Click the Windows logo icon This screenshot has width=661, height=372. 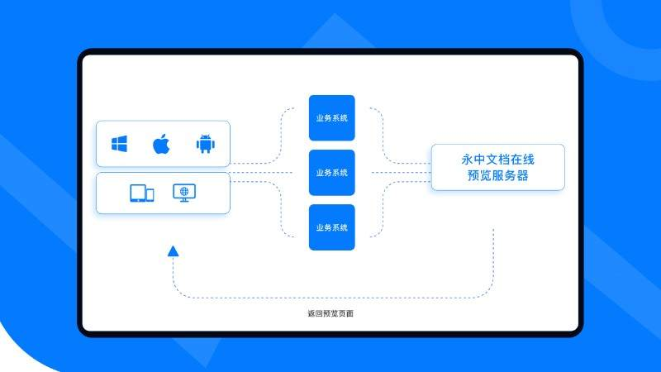[x=119, y=144]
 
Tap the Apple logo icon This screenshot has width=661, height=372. [x=161, y=144]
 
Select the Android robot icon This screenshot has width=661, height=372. [x=205, y=144]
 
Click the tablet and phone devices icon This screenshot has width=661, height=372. [x=141, y=193]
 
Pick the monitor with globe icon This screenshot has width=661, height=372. [x=184, y=193]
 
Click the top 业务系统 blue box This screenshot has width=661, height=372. [x=332, y=118]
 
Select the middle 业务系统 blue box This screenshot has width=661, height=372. [x=332, y=173]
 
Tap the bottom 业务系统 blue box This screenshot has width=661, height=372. [x=332, y=227]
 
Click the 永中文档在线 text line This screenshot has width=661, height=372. [x=498, y=160]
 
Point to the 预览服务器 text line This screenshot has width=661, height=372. [x=498, y=175]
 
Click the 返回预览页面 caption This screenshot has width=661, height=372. [x=330, y=313]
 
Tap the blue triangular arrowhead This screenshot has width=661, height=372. [x=173, y=251]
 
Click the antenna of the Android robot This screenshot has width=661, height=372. [x=205, y=136]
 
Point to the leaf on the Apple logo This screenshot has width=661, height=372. [x=164, y=136]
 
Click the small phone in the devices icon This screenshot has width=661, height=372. [x=150, y=195]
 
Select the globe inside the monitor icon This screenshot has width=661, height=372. [x=184, y=191]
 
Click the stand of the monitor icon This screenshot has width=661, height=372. [x=184, y=200]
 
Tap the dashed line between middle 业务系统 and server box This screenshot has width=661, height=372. [x=402, y=173]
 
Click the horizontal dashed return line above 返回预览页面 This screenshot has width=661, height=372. [x=333, y=298]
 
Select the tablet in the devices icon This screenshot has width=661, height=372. [x=138, y=193]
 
